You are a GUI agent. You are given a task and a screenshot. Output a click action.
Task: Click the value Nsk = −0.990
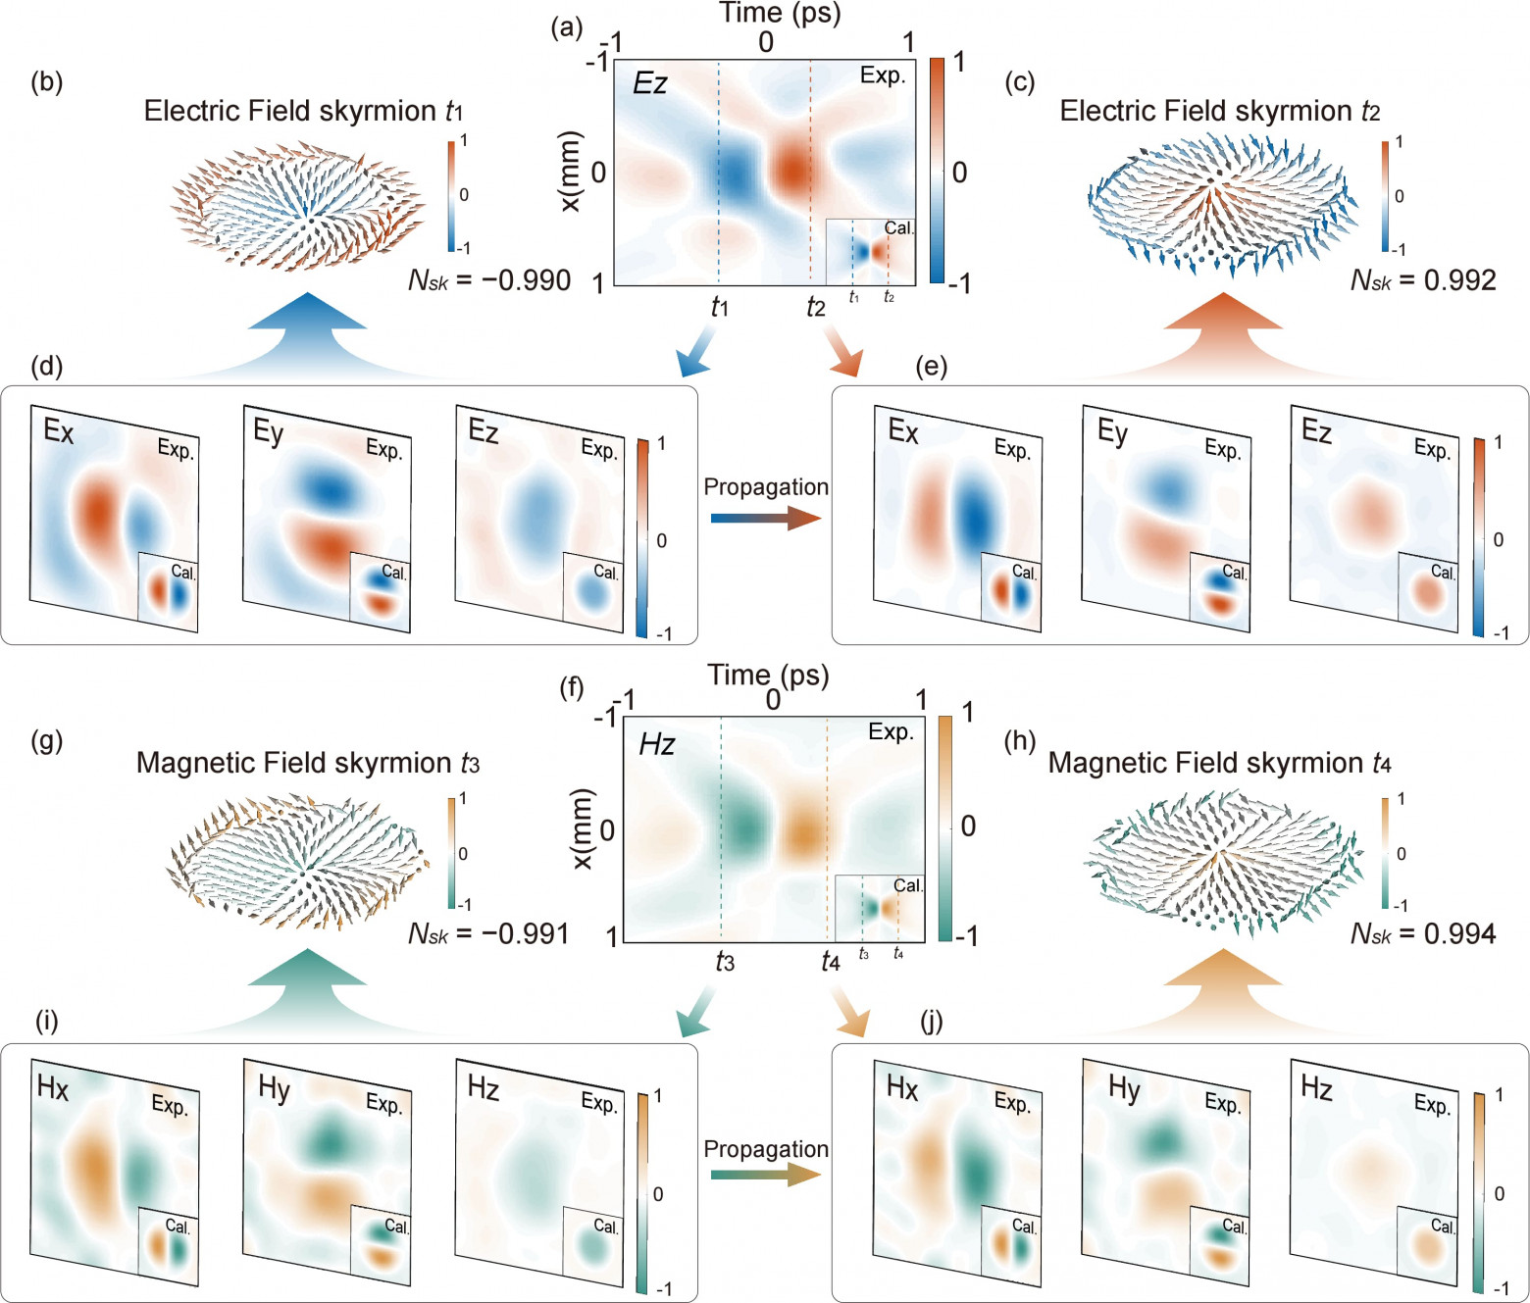click(488, 280)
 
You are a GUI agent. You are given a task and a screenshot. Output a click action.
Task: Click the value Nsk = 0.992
click(1423, 280)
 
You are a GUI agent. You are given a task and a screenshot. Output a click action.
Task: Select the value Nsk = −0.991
click(488, 933)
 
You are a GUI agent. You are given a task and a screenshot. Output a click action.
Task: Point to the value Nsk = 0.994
click(1423, 933)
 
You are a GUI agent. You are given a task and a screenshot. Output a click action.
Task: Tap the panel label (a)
click(567, 27)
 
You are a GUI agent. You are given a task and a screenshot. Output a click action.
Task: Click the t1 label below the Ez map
click(720, 307)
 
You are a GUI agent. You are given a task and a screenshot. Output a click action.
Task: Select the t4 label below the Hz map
click(830, 962)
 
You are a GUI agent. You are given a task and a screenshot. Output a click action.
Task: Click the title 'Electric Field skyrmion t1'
click(303, 111)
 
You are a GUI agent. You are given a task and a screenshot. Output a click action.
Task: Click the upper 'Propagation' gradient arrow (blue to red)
click(765, 518)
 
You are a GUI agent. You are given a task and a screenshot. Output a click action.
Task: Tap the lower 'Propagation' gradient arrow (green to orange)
click(765, 1174)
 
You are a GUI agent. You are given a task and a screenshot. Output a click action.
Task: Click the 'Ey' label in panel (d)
click(268, 431)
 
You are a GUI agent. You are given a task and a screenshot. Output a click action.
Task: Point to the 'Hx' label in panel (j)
click(901, 1087)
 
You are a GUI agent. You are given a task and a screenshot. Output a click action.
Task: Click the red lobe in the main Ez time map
click(793, 169)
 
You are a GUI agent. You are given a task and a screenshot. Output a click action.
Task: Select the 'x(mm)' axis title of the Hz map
click(582, 828)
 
